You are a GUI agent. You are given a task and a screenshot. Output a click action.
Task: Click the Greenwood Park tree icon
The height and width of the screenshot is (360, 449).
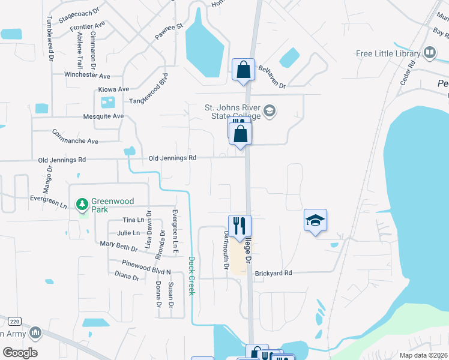click(82, 205)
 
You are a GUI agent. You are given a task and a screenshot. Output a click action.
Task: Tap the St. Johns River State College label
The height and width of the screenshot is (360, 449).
click(233, 112)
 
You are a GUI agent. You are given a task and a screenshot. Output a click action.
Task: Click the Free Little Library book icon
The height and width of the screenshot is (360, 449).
click(430, 53)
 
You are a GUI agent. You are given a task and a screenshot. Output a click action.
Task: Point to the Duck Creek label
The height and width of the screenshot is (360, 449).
click(192, 275)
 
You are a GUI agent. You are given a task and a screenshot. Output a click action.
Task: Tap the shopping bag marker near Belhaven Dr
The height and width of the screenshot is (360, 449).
click(243, 70)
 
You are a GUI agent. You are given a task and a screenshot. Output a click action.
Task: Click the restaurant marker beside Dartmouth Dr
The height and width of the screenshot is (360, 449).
click(240, 226)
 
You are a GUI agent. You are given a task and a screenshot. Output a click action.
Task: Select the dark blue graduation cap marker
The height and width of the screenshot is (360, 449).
click(315, 221)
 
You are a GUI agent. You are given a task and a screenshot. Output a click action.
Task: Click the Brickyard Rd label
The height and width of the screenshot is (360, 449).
click(273, 273)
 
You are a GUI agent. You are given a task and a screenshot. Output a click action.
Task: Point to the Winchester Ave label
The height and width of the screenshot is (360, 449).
click(88, 76)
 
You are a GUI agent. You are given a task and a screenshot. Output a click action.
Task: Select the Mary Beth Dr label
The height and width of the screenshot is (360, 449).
click(119, 245)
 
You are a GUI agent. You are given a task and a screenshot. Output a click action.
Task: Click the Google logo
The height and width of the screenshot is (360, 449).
click(20, 353)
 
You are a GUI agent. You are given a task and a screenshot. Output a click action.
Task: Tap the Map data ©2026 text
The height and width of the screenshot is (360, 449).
click(423, 355)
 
